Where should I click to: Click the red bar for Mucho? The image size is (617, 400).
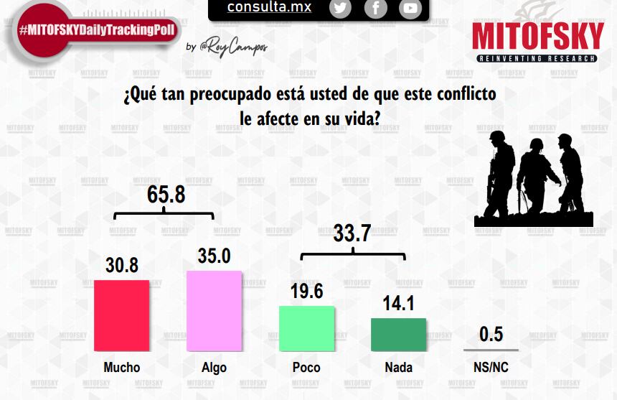click(121, 315)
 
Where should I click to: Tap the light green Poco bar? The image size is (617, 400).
click(306, 328)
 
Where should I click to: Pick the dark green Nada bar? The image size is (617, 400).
click(398, 334)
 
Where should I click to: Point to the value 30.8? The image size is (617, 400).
click(122, 265)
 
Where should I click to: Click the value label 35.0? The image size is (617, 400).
click(214, 256)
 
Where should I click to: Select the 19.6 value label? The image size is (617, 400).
click(307, 291)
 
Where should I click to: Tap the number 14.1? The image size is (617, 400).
click(398, 303)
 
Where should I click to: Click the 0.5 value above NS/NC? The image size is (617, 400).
click(491, 335)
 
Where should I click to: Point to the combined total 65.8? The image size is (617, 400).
click(166, 194)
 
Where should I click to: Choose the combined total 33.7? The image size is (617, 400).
click(352, 233)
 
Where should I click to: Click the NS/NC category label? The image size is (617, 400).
click(491, 368)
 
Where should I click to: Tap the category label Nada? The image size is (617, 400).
click(398, 368)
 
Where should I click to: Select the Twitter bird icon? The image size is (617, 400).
click(340, 9)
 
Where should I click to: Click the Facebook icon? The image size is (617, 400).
click(375, 9)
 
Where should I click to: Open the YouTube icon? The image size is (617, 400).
click(410, 9)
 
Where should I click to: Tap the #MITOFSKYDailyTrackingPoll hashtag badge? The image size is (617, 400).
click(97, 31)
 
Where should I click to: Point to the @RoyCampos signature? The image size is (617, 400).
click(233, 47)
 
